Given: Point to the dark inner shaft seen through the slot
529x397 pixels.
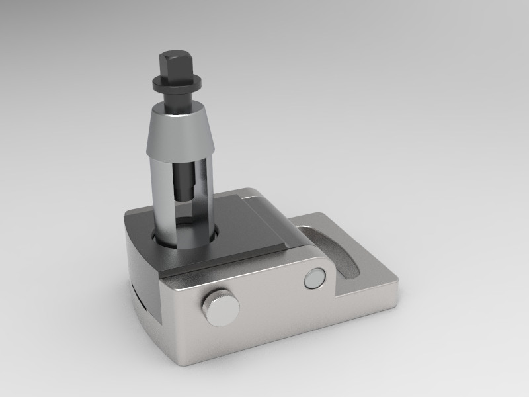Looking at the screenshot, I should (184, 179).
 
